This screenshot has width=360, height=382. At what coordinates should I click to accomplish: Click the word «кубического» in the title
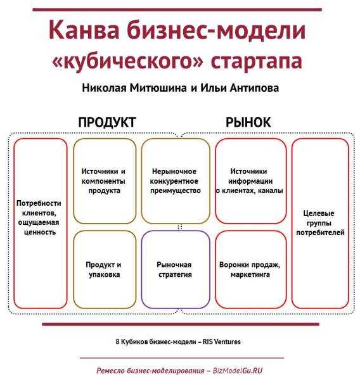tap(127, 60)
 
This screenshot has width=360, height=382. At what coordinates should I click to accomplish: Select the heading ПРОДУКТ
tap(107, 122)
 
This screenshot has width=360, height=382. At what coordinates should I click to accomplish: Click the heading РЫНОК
tap(248, 122)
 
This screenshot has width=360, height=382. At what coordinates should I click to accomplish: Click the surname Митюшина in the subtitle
tap(158, 88)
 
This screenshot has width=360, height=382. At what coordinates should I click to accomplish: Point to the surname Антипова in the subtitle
tap(254, 88)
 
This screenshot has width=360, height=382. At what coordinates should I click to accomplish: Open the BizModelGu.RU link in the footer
tap(238, 371)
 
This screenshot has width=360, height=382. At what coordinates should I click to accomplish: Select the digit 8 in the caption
tap(117, 342)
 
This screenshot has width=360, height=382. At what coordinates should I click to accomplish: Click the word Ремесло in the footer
tap(110, 371)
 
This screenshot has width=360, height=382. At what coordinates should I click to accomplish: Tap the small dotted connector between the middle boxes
tap(180, 227)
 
